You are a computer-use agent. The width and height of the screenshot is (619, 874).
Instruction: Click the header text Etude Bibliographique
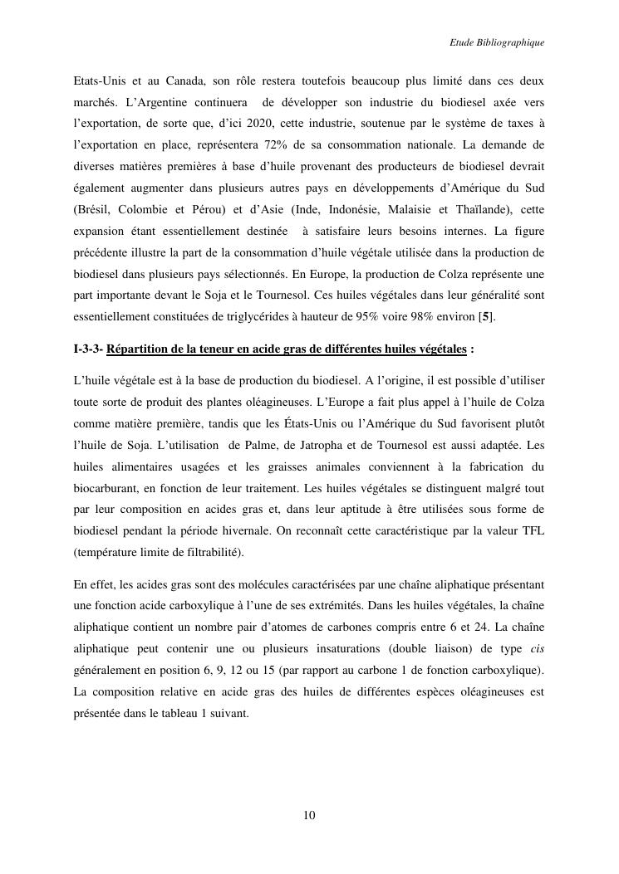point(496,42)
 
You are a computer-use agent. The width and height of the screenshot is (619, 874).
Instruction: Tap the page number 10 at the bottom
point(309,815)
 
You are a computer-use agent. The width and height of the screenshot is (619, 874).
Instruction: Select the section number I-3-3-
point(88,349)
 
